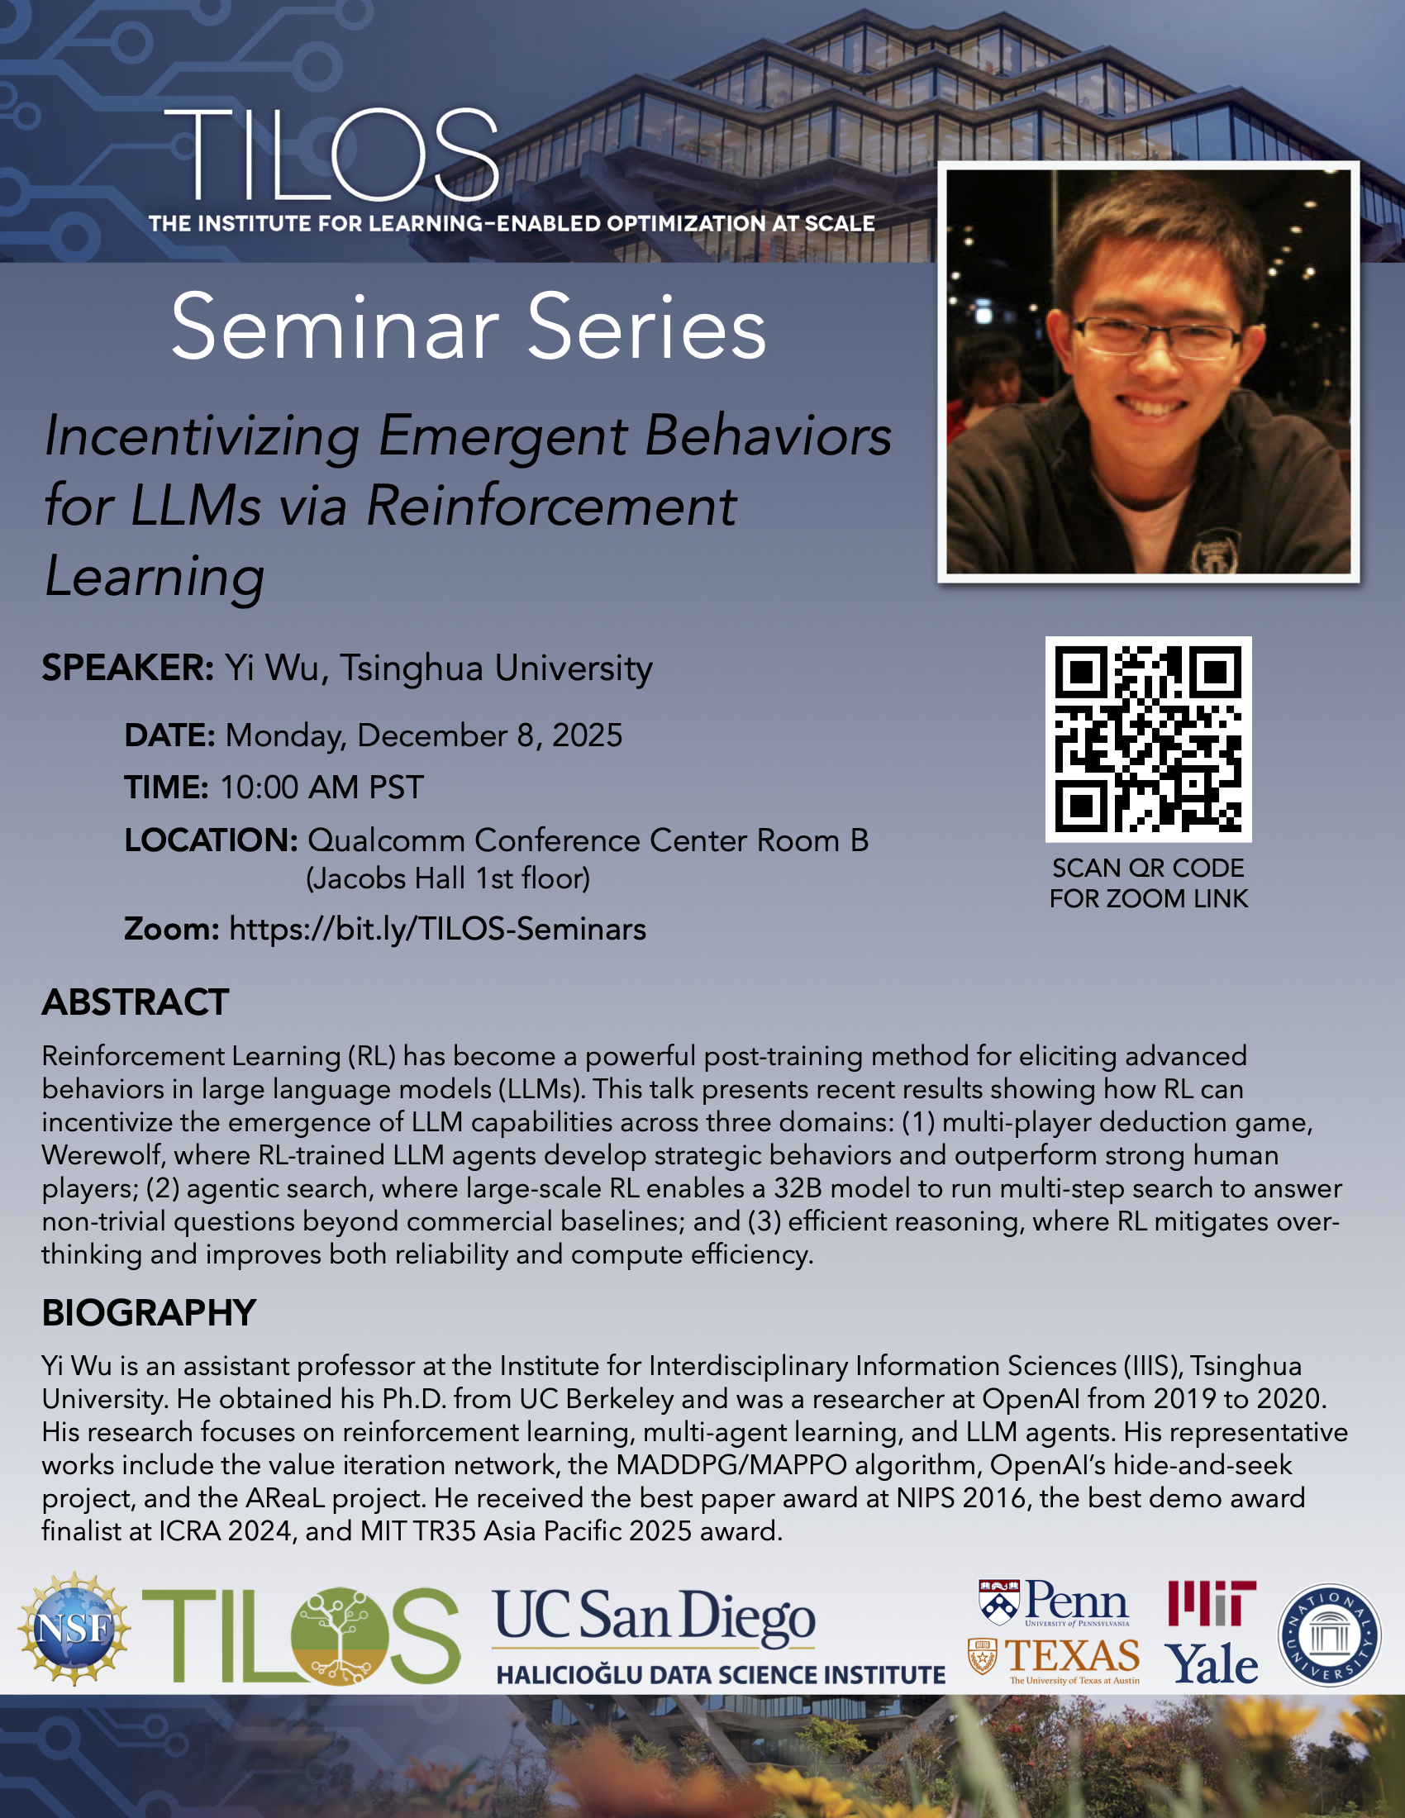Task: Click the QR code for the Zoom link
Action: tap(1148, 740)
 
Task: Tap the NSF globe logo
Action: tap(74, 1628)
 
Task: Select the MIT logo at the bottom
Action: tap(1211, 1603)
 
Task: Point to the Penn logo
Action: tap(1054, 1602)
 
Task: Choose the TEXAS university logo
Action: tap(1054, 1661)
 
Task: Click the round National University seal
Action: tap(1329, 1635)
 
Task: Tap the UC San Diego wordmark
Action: tap(654, 1616)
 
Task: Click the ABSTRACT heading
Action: tap(136, 1002)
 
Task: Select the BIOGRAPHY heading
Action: tap(149, 1313)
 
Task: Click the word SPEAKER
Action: tap(128, 668)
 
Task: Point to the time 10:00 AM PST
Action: tap(322, 788)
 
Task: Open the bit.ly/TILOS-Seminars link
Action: tap(438, 929)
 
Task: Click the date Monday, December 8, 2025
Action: tap(424, 735)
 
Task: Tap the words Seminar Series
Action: tap(469, 327)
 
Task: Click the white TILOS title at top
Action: tap(331, 155)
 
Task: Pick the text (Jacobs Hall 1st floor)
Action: tap(448, 879)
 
